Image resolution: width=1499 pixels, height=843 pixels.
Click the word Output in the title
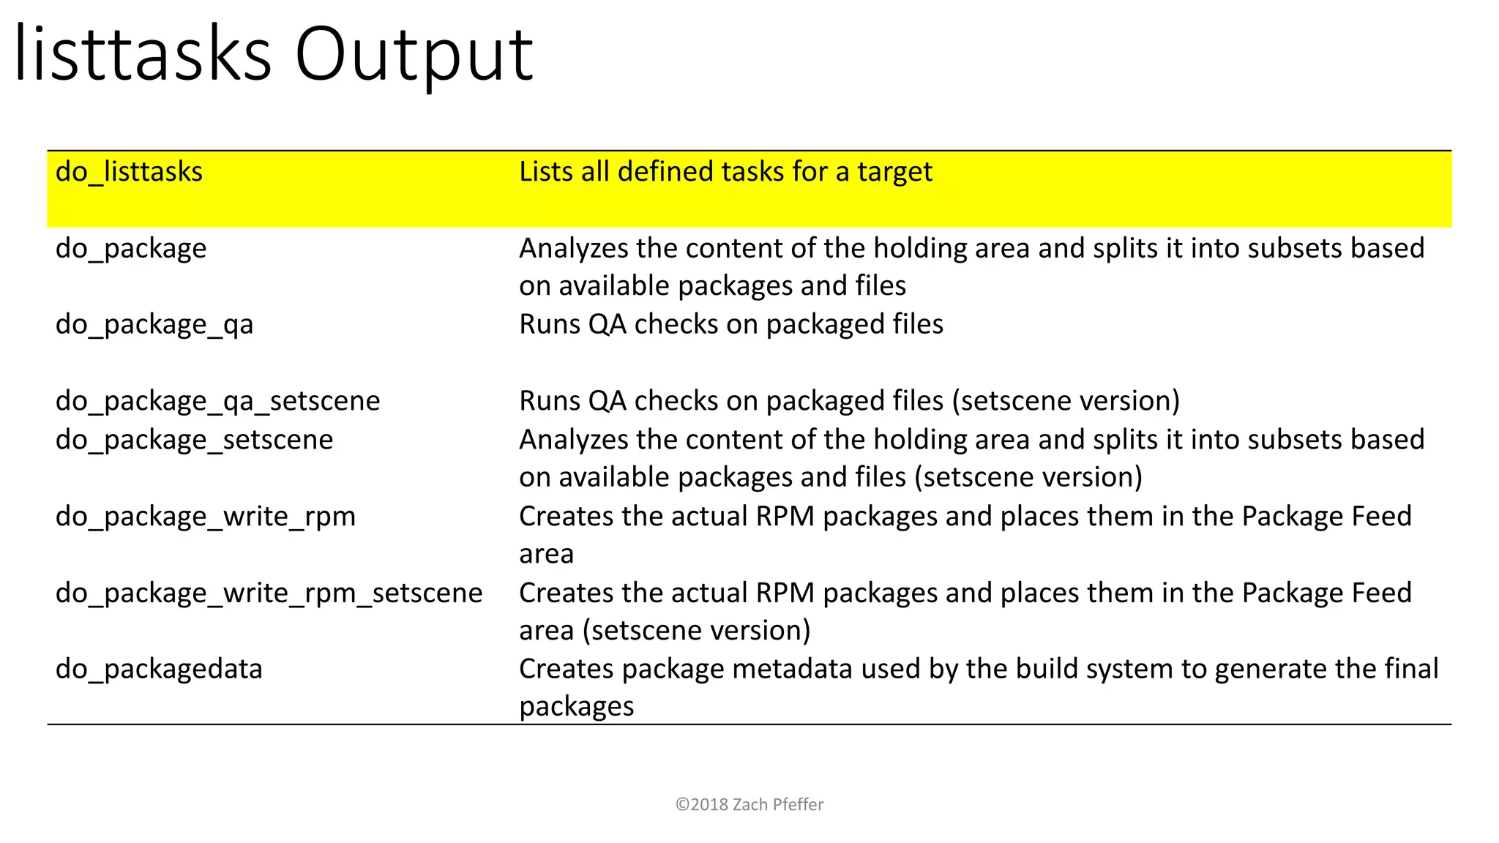click(x=414, y=56)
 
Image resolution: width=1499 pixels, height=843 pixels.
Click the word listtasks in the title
click(x=143, y=54)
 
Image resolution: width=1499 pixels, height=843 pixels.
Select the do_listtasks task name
click(x=129, y=172)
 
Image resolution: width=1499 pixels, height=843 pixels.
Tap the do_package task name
click(x=131, y=249)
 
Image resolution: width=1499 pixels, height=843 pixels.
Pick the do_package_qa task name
click(x=154, y=325)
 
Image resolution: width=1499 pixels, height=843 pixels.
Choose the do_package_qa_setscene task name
click(x=217, y=401)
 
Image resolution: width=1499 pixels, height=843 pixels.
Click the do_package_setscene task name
click(x=194, y=440)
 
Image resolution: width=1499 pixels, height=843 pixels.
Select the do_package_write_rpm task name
click(x=206, y=517)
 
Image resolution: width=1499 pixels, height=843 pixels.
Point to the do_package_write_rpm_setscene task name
click(x=269, y=593)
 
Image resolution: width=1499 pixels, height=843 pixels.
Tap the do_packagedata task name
click(x=159, y=669)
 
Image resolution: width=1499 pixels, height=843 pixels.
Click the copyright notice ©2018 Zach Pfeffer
click(x=749, y=804)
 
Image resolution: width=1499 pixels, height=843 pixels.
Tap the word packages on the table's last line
click(x=577, y=707)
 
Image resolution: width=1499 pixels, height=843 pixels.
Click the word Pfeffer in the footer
click(x=798, y=804)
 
